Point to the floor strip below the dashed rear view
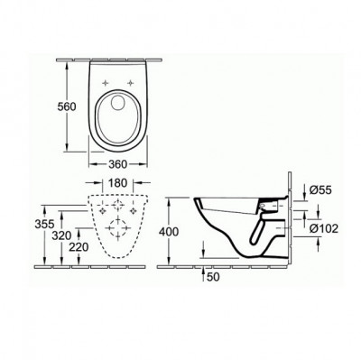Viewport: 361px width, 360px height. click(x=90, y=267)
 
